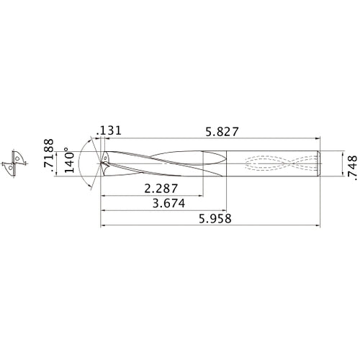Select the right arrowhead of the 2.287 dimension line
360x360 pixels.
pyautogui.click(x=201, y=196)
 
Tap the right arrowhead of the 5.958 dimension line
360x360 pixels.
pyautogui.click(x=318, y=227)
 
